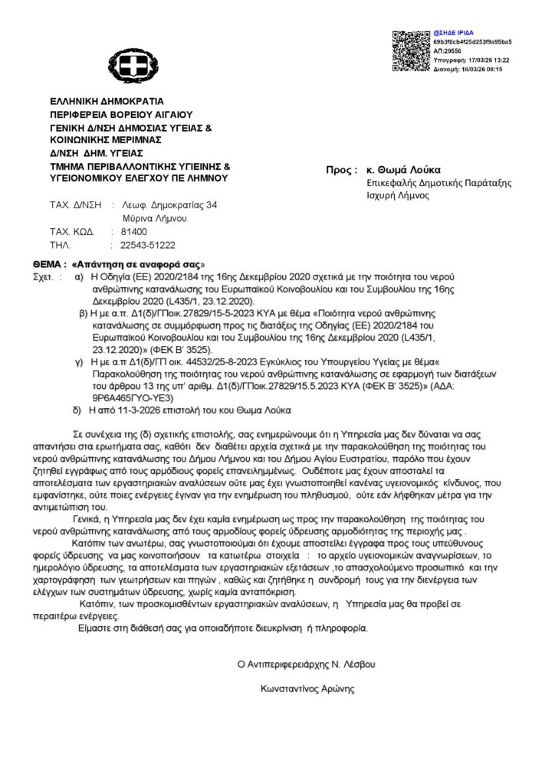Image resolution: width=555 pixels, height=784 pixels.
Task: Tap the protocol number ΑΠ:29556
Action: point(449,50)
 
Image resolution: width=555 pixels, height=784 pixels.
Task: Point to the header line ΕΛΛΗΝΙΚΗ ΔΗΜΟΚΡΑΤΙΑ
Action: point(96,101)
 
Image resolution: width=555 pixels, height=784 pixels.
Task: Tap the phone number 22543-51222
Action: point(148,246)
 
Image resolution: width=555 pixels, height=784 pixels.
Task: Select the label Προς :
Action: point(342,169)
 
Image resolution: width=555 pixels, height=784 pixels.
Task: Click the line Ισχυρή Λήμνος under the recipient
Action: point(398,195)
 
